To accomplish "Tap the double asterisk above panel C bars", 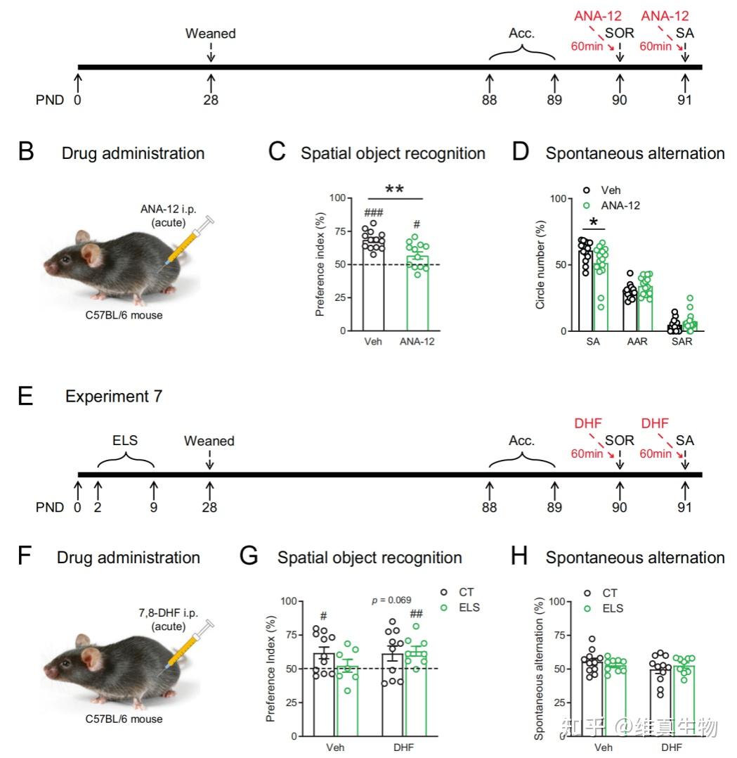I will point(395,190).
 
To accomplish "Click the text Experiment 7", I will point(114,397).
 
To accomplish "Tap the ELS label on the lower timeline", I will point(125,441).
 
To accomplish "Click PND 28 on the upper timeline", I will point(210,100).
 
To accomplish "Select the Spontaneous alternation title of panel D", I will point(634,153).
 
